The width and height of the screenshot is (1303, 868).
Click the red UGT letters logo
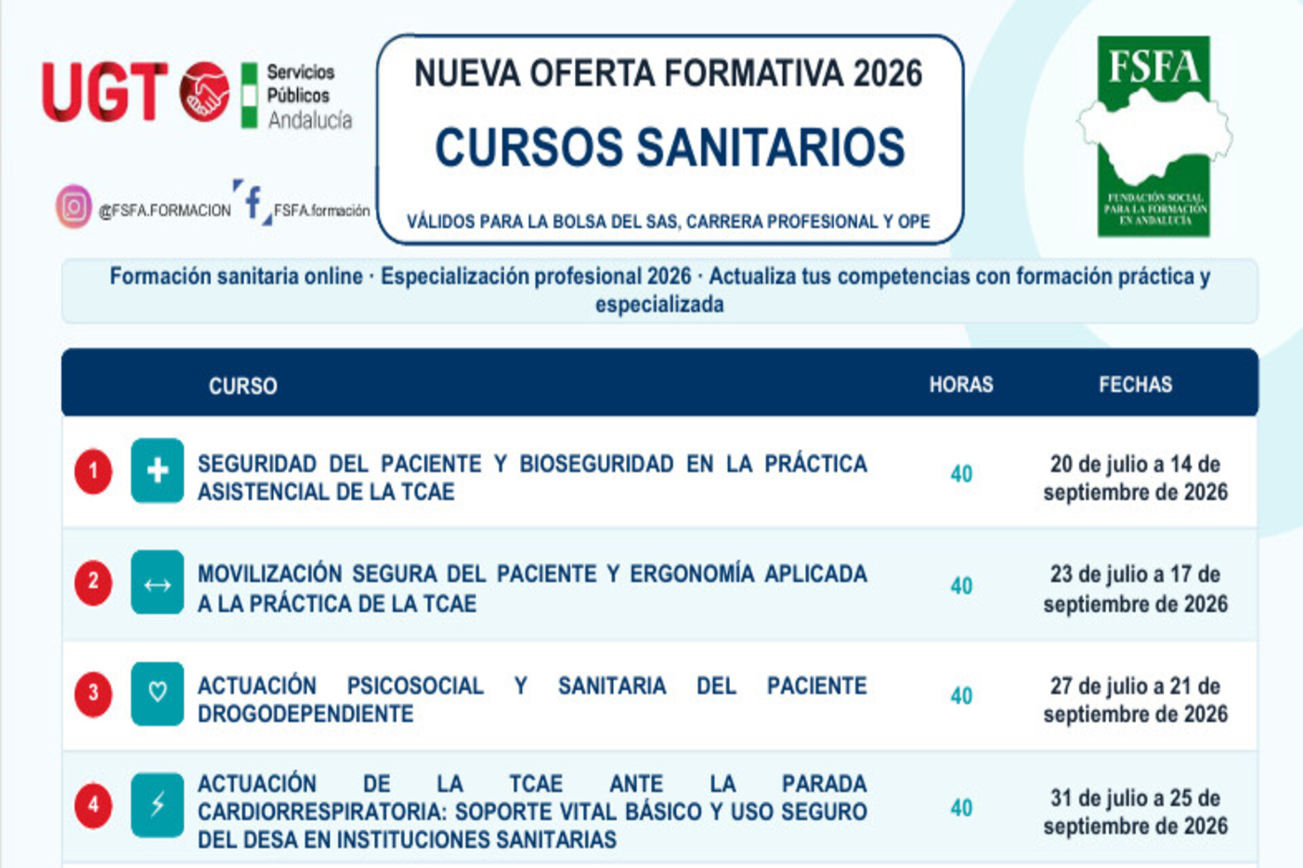(x=105, y=92)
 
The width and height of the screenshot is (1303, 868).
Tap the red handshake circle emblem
(x=204, y=92)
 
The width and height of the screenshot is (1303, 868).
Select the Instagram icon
(x=73, y=206)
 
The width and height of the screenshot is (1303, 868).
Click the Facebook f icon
(x=253, y=202)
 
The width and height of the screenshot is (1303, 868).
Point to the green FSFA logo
(x=1154, y=136)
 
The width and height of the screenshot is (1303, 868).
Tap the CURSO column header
(x=243, y=386)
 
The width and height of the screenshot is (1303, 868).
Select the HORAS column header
(x=961, y=384)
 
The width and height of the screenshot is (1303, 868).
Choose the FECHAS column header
(x=1135, y=384)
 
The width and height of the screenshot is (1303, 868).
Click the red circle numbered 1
(x=93, y=471)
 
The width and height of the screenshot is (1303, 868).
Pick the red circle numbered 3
(x=93, y=694)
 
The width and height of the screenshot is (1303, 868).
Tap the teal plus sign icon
(x=157, y=471)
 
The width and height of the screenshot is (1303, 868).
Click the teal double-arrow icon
(x=157, y=583)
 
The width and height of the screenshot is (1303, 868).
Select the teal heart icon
(x=157, y=694)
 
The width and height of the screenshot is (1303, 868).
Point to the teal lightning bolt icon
(x=157, y=805)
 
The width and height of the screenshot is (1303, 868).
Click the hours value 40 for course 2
(x=961, y=586)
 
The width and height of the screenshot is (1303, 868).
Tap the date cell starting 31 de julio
(x=1135, y=812)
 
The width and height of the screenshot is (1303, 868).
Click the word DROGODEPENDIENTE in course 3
(x=305, y=714)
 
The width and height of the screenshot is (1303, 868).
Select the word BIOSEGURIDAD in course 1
(x=597, y=464)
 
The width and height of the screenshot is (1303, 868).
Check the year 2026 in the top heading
(x=888, y=73)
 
